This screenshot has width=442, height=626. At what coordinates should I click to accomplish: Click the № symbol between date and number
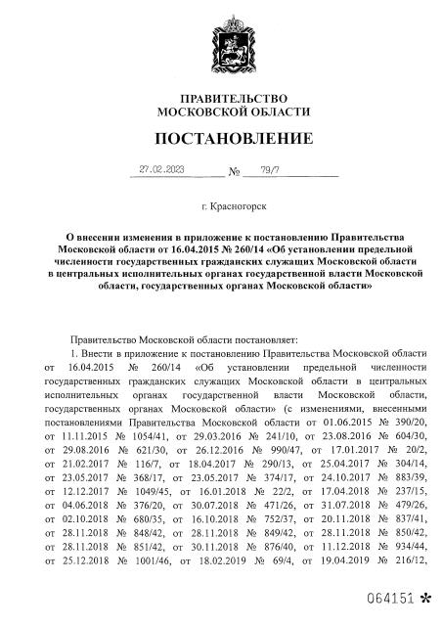tap(233, 172)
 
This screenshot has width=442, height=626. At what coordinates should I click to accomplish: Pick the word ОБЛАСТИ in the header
tap(271, 113)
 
